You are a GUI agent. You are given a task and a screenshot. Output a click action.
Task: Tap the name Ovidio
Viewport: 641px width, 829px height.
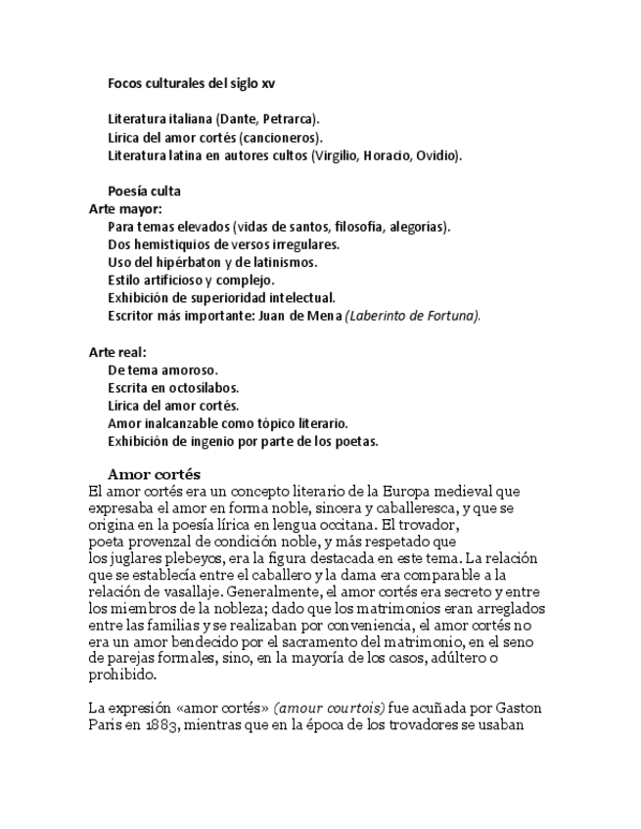(436, 155)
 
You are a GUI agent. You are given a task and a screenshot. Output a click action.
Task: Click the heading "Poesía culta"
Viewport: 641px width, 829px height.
(144, 191)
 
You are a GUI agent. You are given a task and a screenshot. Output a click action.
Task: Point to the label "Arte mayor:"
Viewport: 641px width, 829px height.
(125, 209)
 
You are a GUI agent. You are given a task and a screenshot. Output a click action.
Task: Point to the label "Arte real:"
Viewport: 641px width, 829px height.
(118, 352)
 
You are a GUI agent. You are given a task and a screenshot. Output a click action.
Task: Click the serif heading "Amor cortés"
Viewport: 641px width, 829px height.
(154, 474)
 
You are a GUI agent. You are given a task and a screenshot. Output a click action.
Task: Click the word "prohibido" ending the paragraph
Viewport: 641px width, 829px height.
(120, 675)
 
